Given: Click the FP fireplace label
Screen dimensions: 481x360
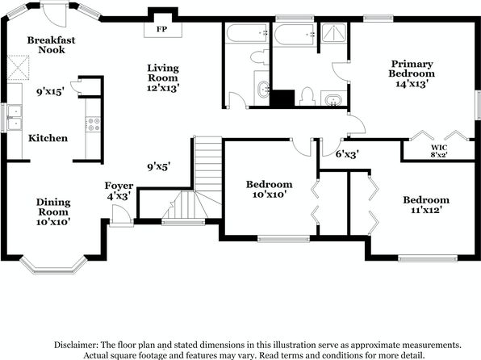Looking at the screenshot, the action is click(161, 29).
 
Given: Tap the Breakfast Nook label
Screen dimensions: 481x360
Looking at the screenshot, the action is click(51, 45).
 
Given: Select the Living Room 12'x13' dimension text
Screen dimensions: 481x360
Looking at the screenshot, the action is click(163, 88).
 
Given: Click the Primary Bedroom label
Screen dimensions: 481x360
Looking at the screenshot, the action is click(412, 69).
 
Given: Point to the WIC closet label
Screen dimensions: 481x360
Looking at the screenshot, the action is click(439, 148).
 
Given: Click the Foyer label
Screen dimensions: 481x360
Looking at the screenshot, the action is click(119, 186).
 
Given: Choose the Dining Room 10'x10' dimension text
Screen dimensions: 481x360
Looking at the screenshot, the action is click(53, 222).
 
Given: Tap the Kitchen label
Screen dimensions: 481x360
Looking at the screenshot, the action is click(48, 138).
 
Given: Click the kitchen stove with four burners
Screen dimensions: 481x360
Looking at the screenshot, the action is click(94, 124).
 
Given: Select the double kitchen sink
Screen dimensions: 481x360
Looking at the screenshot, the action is click(15, 117).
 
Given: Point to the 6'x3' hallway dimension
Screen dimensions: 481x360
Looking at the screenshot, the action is click(347, 153).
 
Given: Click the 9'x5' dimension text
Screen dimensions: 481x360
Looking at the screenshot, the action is click(159, 166).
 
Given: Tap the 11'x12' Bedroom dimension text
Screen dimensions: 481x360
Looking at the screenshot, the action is click(426, 210).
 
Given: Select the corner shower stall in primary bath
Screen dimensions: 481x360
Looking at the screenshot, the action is click(334, 32).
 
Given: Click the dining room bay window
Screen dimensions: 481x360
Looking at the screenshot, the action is click(53, 267).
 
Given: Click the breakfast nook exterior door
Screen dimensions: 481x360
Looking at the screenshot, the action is click(55, 15).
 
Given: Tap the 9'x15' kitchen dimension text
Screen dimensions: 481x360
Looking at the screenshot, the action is click(50, 91).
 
